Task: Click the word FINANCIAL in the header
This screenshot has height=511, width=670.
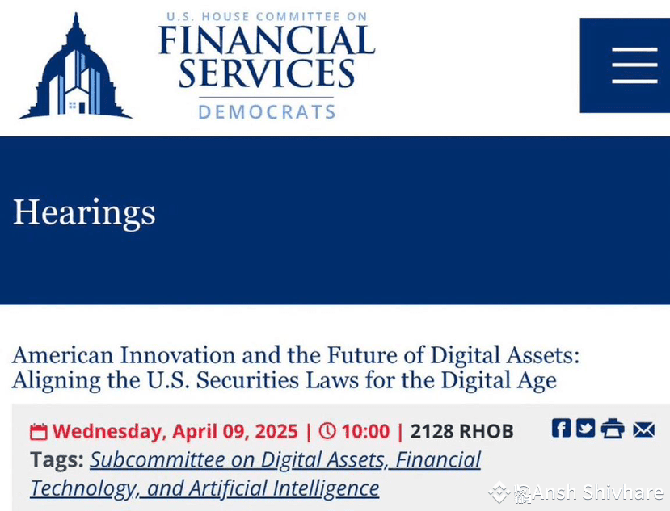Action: tap(267, 41)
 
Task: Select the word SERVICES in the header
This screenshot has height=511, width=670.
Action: tap(267, 73)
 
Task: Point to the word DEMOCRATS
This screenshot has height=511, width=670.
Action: tap(267, 111)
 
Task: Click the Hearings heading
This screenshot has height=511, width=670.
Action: tap(84, 212)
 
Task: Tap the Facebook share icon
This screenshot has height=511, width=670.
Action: tap(561, 429)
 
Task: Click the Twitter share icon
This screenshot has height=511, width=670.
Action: tap(585, 429)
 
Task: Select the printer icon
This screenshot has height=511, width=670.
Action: tap(612, 429)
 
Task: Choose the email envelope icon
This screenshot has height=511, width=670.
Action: tap(643, 429)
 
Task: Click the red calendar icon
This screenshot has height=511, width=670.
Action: tap(38, 432)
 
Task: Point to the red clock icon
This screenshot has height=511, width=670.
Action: tap(327, 431)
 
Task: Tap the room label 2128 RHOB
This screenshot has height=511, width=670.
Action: tap(461, 432)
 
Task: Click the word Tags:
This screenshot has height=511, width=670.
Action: tap(57, 460)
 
